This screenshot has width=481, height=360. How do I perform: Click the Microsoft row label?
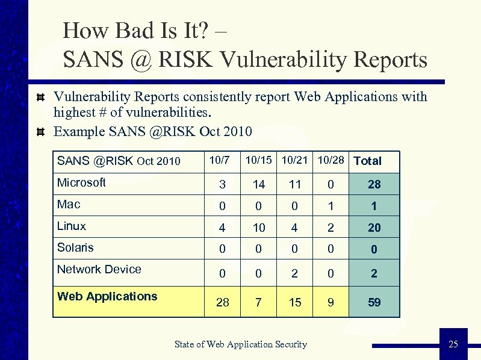pyautogui.click(x=81, y=182)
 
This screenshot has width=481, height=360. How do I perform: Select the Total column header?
pyautogui.click(x=367, y=161)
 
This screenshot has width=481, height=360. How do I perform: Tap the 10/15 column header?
pyautogui.click(x=258, y=160)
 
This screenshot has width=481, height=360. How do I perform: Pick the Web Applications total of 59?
pyautogui.click(x=374, y=302)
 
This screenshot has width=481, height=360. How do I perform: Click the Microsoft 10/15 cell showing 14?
pyautogui.click(x=259, y=184)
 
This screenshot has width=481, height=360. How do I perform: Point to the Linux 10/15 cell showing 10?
pyautogui.click(x=259, y=228)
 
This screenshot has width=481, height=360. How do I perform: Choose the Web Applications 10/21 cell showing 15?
pyautogui.click(x=295, y=302)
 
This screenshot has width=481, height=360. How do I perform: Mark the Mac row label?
pyautogui.click(x=69, y=205)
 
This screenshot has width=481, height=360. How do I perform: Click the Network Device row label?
pyautogui.click(x=99, y=269)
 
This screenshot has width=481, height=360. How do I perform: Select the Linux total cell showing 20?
pyautogui.click(x=374, y=228)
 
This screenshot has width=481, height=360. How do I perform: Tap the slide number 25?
pyautogui.click(x=453, y=344)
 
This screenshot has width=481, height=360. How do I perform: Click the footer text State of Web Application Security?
pyautogui.click(x=240, y=344)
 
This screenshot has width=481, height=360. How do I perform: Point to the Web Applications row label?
pyautogui.click(x=107, y=296)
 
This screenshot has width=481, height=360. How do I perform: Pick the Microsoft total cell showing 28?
pyautogui.click(x=374, y=184)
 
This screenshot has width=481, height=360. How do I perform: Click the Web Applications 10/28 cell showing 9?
pyautogui.click(x=330, y=302)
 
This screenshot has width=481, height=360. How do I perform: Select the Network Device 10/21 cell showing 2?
pyautogui.click(x=295, y=273)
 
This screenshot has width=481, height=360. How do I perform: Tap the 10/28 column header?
pyautogui.click(x=330, y=160)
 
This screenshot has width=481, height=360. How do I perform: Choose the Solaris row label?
pyautogui.click(x=75, y=247)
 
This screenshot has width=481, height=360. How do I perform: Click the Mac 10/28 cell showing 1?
pyautogui.click(x=330, y=206)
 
